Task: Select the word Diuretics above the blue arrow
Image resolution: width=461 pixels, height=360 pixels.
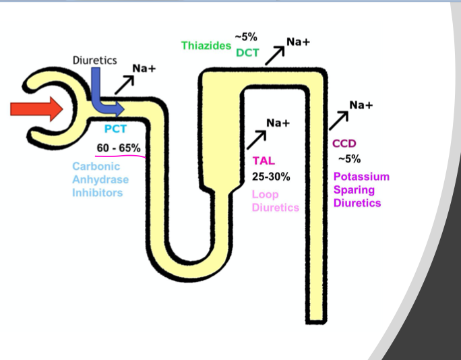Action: pyautogui.click(x=94, y=61)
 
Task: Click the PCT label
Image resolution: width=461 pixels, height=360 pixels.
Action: pyautogui.click(x=115, y=129)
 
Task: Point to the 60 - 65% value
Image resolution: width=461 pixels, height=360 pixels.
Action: pyautogui.click(x=119, y=148)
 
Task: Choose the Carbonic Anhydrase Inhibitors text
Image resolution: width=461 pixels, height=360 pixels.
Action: pyautogui.click(x=101, y=179)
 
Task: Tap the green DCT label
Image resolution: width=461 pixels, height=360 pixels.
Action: pyautogui.click(x=247, y=52)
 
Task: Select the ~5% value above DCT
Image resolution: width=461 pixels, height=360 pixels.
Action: pyautogui.click(x=247, y=36)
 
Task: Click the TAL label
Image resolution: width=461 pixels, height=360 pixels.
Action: pyautogui.click(x=264, y=161)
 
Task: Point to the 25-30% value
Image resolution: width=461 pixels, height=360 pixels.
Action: pyautogui.click(x=270, y=177)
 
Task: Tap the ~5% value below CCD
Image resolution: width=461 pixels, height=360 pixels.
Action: pyautogui.click(x=349, y=159)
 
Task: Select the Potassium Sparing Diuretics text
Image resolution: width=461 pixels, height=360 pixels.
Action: pyautogui.click(x=361, y=189)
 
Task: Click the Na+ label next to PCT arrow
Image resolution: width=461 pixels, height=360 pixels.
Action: pyautogui.click(x=144, y=69)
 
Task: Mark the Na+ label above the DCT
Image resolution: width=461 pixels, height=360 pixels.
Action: pyautogui.click(x=298, y=42)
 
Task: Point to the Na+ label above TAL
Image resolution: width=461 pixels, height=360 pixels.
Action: pyautogui.click(x=277, y=123)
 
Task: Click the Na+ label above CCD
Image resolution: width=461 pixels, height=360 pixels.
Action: pyautogui.click(x=361, y=104)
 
